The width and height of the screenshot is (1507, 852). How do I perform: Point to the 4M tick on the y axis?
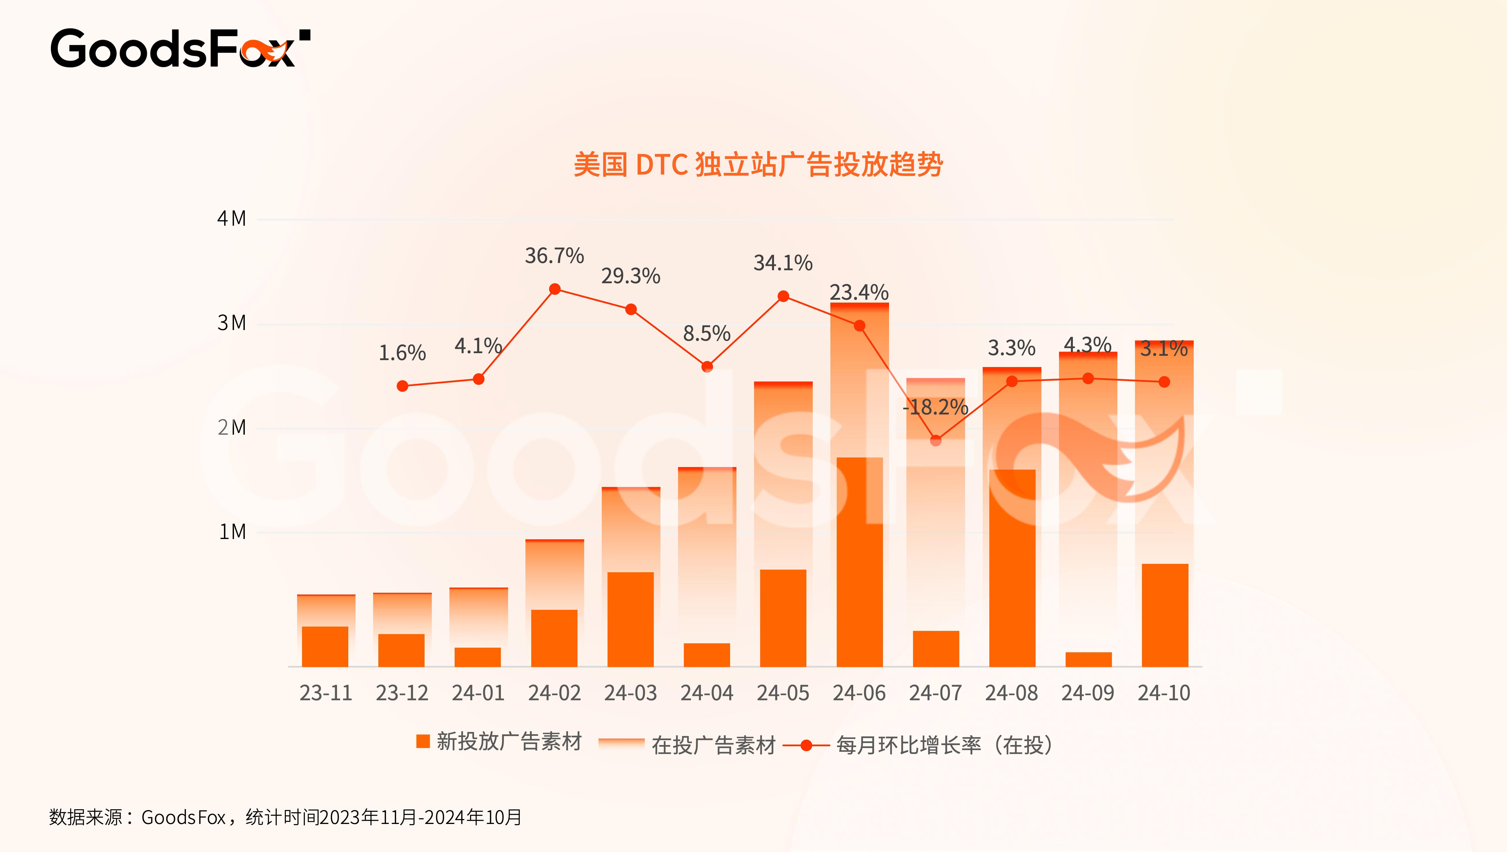[232, 219]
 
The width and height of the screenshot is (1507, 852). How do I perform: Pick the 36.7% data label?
[554, 256]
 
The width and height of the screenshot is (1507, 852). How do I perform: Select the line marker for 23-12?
[403, 386]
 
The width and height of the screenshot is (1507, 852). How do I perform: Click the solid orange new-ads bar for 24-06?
[859, 562]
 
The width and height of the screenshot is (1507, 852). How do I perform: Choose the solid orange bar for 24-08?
[1012, 568]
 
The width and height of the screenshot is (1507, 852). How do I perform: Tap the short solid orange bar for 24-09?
[1088, 660]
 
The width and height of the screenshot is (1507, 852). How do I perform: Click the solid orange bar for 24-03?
[631, 619]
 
